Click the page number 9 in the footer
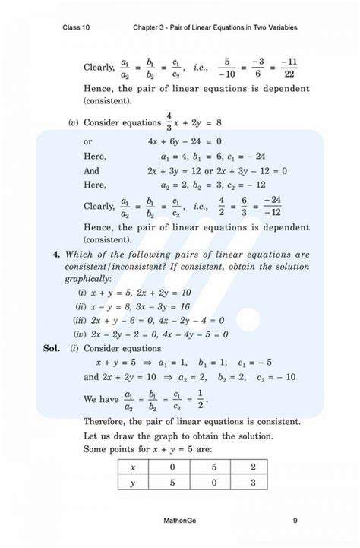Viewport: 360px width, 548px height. (x=294, y=521)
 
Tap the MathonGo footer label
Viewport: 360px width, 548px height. (x=179, y=521)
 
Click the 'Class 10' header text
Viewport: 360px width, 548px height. (x=77, y=28)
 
